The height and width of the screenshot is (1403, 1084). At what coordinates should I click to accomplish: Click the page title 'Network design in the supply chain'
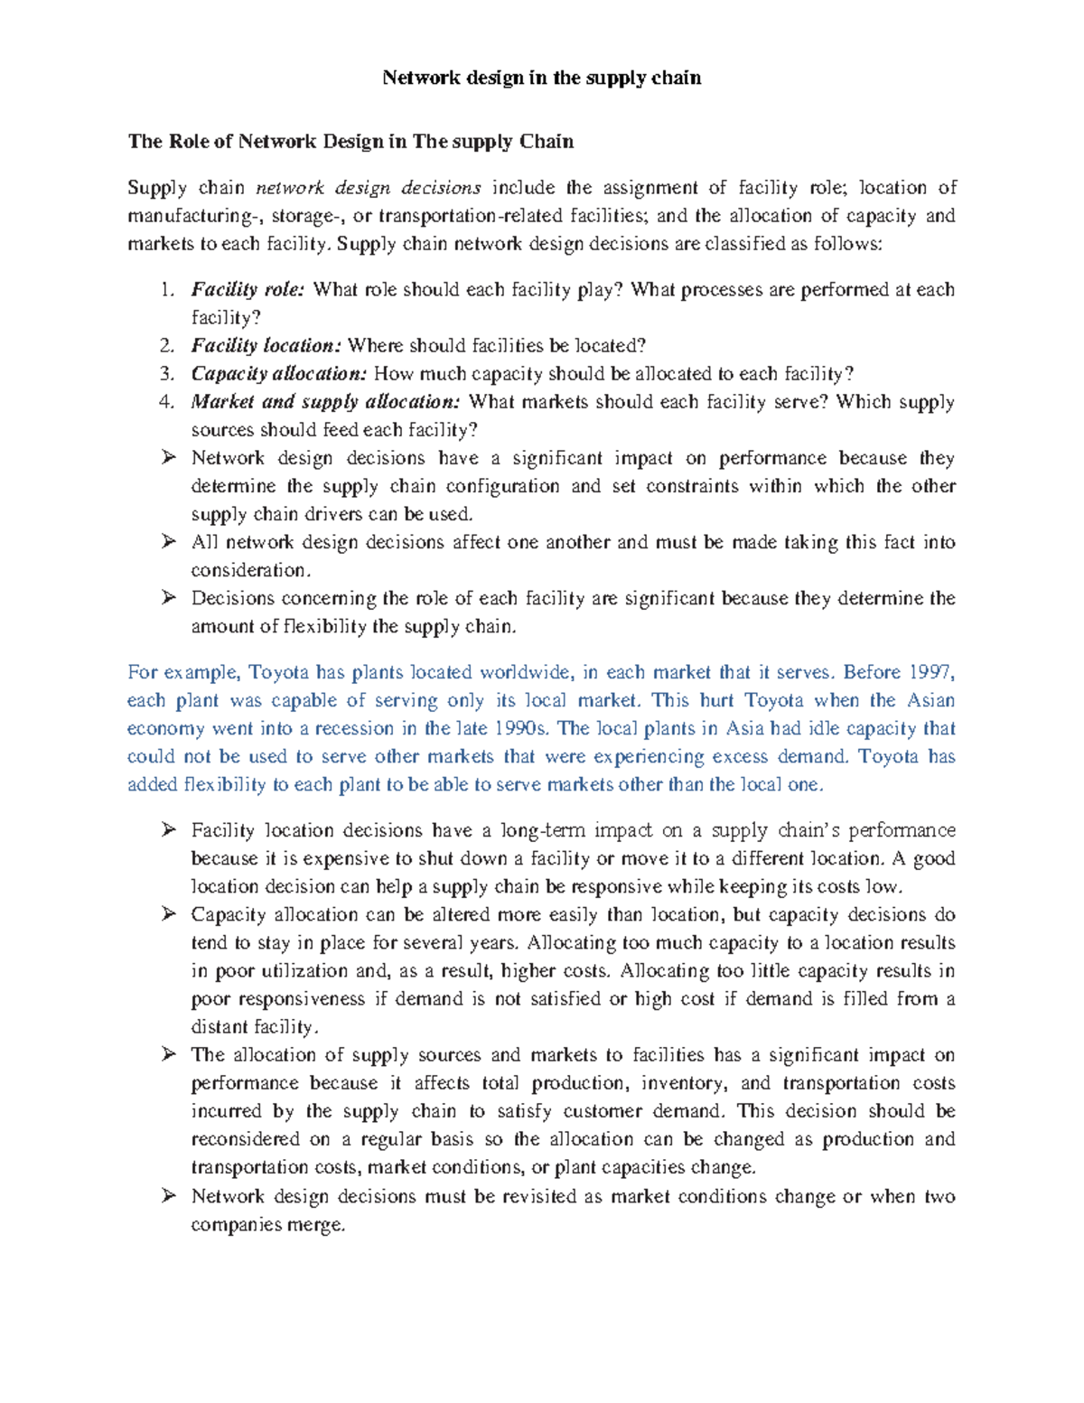541,78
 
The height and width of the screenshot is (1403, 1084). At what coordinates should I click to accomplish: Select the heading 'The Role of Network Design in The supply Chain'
350,141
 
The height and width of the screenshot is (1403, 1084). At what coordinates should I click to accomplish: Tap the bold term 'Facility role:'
248,290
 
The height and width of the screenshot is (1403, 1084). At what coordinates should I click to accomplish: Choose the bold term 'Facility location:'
266,346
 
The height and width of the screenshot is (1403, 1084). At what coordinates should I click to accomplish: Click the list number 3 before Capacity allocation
165,374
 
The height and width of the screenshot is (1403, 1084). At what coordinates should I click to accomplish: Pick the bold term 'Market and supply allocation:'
325,402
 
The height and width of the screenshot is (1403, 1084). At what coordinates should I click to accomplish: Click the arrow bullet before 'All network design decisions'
168,542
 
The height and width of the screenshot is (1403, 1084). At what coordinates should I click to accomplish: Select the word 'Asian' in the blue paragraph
930,700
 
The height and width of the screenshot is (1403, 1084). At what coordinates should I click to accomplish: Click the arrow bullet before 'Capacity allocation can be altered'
168,914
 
